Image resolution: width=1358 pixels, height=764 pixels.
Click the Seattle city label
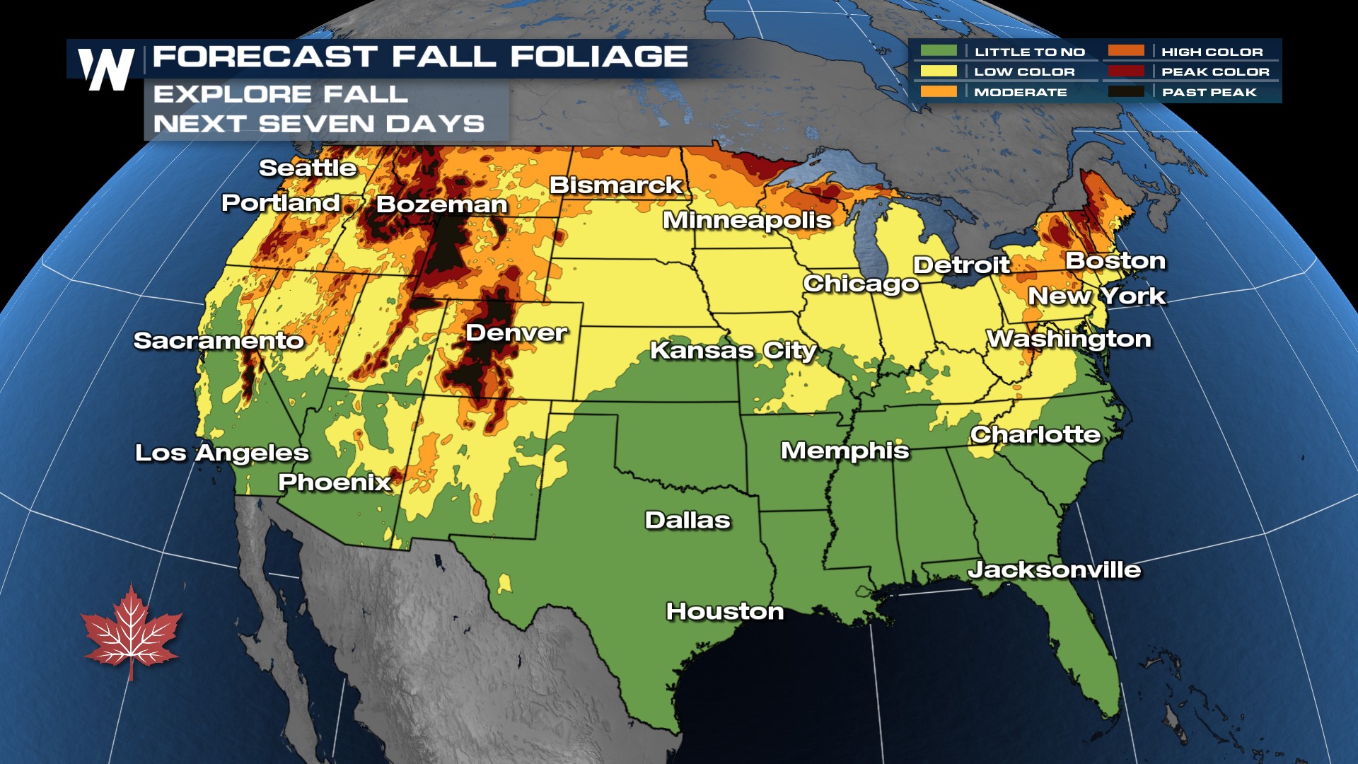[308, 168]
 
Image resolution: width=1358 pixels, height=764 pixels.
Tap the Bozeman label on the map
[442, 204]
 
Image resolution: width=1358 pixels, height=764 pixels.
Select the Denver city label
[516, 332]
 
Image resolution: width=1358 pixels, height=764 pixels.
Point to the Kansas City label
[733, 350]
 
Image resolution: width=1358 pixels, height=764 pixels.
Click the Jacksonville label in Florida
[1054, 569]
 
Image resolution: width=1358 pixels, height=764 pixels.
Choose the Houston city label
[725, 611]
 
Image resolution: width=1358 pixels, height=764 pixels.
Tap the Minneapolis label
[747, 220]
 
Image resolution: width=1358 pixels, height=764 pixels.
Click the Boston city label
[1115, 260]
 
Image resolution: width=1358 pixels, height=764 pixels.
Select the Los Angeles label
[222, 453]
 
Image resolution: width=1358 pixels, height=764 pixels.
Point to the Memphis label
[845, 451]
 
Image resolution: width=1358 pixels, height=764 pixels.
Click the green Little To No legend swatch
[939, 51]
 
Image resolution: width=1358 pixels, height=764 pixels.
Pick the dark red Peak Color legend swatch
[1126, 71]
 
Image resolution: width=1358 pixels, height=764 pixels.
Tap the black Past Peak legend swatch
[1126, 92]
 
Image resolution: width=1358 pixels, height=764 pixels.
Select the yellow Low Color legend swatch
[939, 71]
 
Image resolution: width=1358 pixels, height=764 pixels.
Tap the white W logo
[106, 69]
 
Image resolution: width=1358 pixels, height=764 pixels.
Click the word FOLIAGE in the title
[599, 57]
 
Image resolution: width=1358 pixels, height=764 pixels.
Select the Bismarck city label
[615, 185]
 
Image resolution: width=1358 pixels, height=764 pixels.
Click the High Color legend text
[1212, 52]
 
